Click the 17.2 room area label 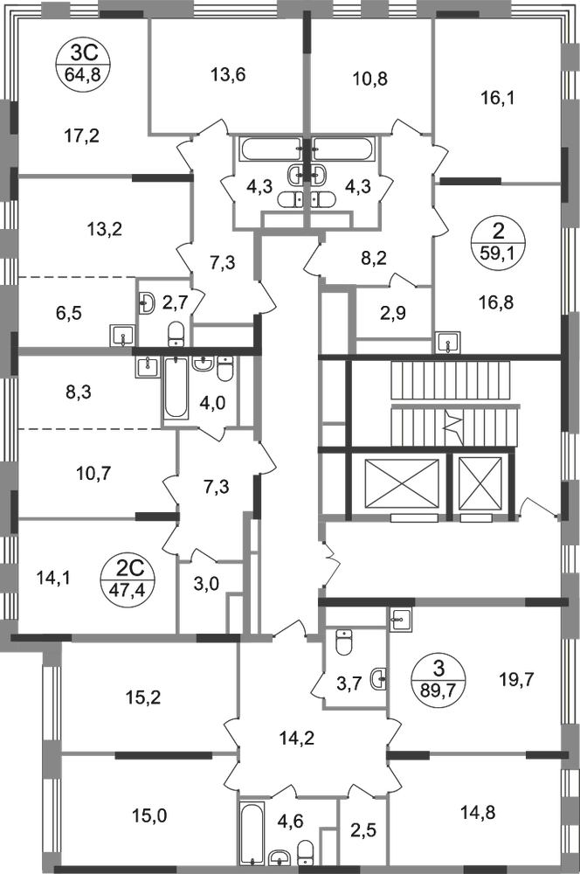[85, 135]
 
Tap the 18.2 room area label [126, 697]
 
